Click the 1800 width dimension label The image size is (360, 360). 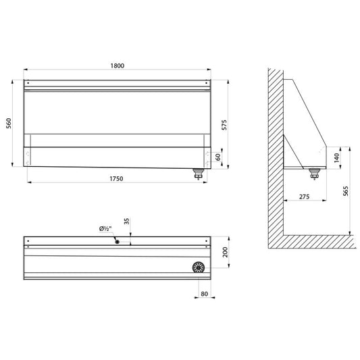(118, 66)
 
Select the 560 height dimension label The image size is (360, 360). (9, 124)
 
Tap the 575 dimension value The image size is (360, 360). (224, 125)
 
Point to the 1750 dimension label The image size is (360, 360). (116, 178)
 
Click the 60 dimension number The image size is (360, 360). (218, 157)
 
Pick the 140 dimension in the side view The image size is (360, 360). (336, 158)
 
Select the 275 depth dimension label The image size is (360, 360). (304, 197)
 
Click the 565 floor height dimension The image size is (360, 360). (346, 191)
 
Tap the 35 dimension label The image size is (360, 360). (126, 221)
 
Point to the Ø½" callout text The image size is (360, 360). (105, 229)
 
